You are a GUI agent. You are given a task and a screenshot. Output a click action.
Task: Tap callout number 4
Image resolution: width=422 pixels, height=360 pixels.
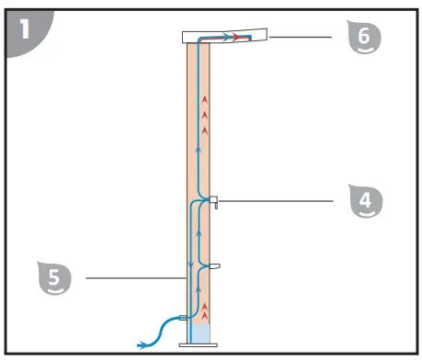click(366, 199)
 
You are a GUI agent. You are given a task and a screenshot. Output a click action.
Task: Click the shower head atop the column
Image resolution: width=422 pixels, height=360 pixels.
click(224, 37)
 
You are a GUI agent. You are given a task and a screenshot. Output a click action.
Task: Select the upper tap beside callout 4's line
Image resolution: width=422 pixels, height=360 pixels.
click(211, 199)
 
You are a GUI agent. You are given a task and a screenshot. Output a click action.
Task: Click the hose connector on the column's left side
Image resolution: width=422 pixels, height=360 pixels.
click(183, 317)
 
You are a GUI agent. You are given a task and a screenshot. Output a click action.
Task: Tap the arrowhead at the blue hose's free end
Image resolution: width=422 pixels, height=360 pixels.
click(141, 344)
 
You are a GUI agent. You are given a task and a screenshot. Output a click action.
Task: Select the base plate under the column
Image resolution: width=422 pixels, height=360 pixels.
click(200, 343)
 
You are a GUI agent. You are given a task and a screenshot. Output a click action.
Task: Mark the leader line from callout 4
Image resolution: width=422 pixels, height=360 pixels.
click(276, 198)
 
